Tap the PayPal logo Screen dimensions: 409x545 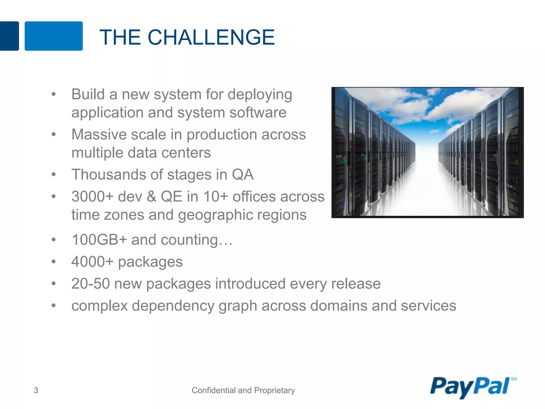[x=470, y=387]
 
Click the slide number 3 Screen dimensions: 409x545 [x=36, y=390]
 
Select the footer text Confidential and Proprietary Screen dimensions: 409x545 [x=243, y=390]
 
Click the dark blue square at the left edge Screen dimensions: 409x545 [x=9, y=36]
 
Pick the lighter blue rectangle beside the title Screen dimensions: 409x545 [x=53, y=36]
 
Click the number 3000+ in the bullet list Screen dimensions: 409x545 [x=92, y=197]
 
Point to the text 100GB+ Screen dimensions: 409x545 [x=99, y=240]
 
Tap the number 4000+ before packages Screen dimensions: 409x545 [x=92, y=261]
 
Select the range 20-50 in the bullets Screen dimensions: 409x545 [x=90, y=284]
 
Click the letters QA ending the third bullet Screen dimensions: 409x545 [x=243, y=175]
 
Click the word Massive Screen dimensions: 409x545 [x=99, y=134]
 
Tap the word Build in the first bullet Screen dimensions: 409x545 [x=88, y=95]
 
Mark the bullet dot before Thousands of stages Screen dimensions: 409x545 [x=54, y=175]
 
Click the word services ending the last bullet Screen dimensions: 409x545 [x=428, y=306]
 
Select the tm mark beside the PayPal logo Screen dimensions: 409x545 [x=514, y=379]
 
